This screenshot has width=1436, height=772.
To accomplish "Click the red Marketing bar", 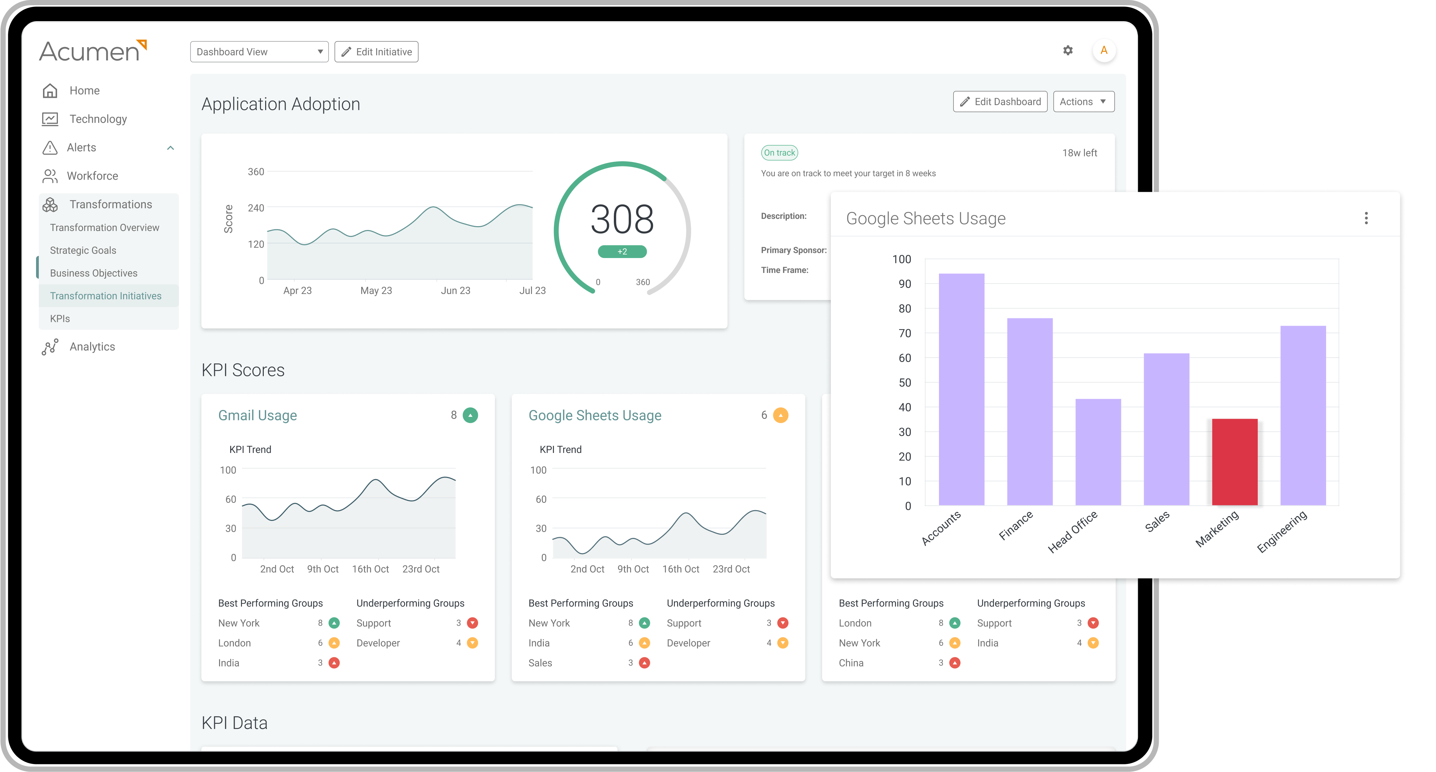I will pos(1234,462).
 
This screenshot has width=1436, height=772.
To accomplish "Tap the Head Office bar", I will pos(1098,452).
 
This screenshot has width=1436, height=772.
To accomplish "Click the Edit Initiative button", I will pos(376,52).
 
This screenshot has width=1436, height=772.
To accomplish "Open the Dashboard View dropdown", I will pos(259,52).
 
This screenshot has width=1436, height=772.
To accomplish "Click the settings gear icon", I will pos(1068,51).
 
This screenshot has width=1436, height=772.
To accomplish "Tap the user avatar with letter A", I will pos(1103,51).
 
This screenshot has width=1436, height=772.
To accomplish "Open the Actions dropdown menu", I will pos(1083,102).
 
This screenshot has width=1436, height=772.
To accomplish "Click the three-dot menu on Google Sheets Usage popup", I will pos(1366,218).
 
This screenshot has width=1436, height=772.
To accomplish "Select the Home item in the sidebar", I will pos(84,91).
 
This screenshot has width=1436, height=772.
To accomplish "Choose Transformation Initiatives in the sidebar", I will pos(106,295).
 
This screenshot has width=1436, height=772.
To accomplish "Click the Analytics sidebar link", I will pos(92,346).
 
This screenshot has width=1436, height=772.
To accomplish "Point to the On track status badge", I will pos(779,153).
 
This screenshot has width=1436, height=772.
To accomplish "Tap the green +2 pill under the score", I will pos(622,251).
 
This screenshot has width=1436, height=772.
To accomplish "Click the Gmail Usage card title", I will pos(258,415).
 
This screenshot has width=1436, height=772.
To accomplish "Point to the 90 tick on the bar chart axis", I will pos(904,284).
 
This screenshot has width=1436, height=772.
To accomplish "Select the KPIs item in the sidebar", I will pos(60,318).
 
